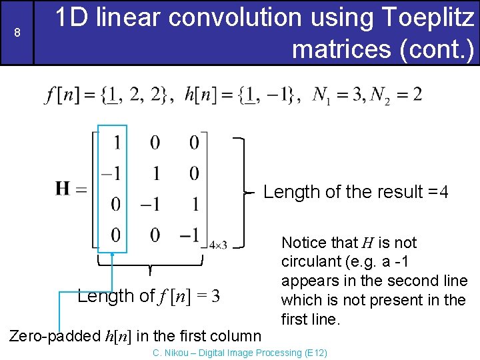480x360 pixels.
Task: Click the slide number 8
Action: (x=17, y=33)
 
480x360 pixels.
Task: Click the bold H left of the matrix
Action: (x=64, y=189)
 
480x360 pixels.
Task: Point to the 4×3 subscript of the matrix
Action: (x=218, y=245)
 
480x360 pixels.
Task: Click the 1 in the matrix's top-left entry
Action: (x=117, y=143)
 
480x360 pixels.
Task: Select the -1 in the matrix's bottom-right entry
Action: (x=191, y=235)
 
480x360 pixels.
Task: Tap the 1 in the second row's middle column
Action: (x=155, y=173)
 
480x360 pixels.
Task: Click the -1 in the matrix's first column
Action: (x=112, y=173)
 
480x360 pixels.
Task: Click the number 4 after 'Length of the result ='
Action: (x=443, y=193)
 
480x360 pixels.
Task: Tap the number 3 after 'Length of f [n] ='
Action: (x=215, y=296)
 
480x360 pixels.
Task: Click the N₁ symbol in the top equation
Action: (x=321, y=95)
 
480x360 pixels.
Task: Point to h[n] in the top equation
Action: (x=200, y=95)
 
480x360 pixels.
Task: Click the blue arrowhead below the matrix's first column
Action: (x=113, y=254)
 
